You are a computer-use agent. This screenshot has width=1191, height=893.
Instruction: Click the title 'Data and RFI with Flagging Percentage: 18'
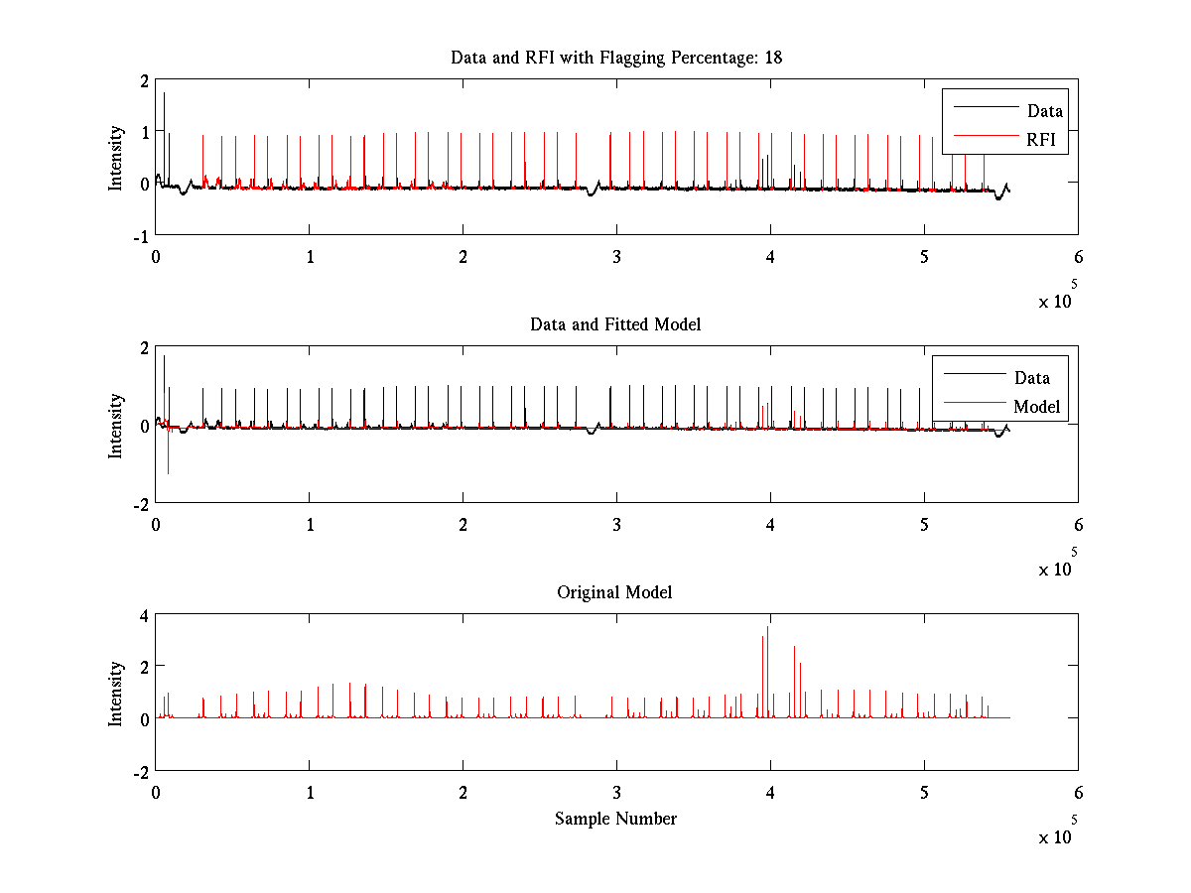[x=615, y=58]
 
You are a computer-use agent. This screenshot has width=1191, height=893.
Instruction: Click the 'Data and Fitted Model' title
[x=615, y=324]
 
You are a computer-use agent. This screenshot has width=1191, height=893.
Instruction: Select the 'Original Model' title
[x=614, y=592]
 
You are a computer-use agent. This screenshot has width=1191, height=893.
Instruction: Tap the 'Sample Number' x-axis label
[x=615, y=819]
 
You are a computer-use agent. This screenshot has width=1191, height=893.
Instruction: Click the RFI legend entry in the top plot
[x=1046, y=141]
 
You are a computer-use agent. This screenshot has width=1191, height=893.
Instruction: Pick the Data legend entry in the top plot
[x=1044, y=111]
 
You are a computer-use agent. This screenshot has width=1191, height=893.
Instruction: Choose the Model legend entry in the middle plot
[x=1036, y=406]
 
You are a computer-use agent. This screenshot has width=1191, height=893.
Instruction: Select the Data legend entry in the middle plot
[x=1031, y=377]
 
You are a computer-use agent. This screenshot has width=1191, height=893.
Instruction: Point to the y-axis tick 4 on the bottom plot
[x=143, y=615]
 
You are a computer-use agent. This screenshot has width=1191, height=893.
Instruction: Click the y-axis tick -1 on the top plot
[x=140, y=235]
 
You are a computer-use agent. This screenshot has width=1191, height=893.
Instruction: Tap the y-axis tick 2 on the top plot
[x=143, y=80]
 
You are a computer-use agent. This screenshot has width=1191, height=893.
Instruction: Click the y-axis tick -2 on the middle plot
[x=140, y=503]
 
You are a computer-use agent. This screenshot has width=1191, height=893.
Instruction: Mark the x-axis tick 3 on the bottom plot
[x=616, y=792]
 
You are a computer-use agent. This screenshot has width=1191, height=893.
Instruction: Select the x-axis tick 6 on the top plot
[x=1078, y=256]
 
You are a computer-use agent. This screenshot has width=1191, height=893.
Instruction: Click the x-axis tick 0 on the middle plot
[x=156, y=524]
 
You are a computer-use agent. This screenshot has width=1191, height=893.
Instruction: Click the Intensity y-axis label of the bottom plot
[x=116, y=694]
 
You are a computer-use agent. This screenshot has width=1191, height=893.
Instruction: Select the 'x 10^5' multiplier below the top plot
[x=1058, y=299]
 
